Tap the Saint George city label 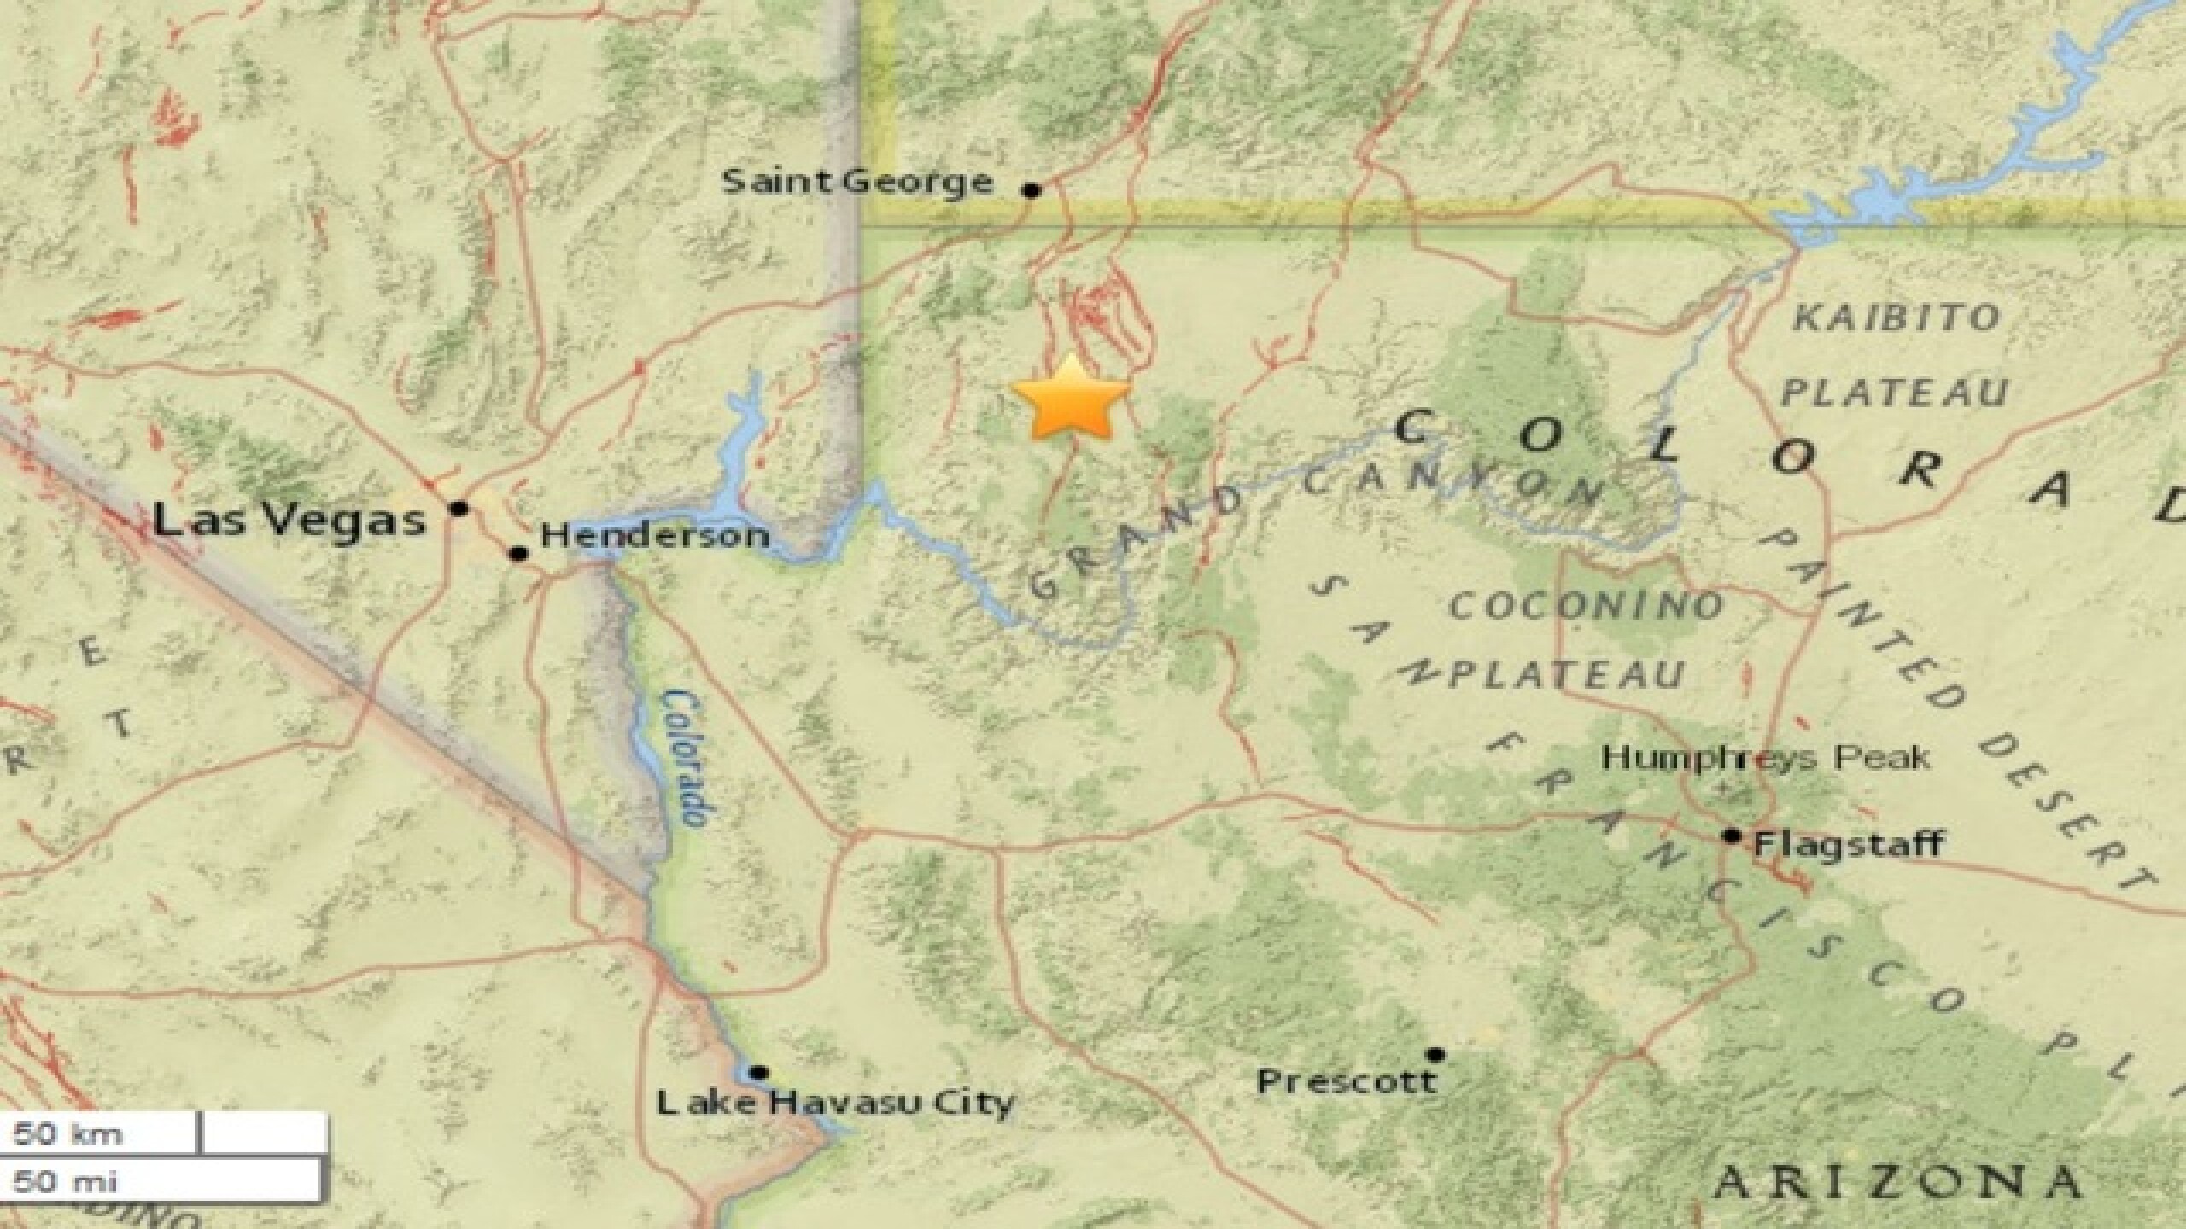[857, 182]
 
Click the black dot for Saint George [1032, 190]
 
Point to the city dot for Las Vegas [459, 509]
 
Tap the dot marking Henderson [518, 554]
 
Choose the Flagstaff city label [1849, 845]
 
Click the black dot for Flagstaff [1732, 836]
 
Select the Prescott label [1346, 1082]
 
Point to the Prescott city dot [1436, 1055]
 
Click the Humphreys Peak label [1765, 757]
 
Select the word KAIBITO [1896, 318]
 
